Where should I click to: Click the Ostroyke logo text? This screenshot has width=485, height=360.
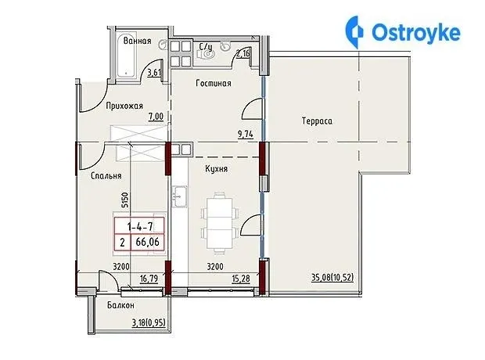point(416,33)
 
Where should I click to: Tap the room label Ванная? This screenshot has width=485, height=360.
point(138,41)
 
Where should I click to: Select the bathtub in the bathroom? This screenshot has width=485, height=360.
point(126,54)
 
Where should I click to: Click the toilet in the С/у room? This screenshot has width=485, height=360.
point(207,55)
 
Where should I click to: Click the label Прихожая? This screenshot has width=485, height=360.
point(124,106)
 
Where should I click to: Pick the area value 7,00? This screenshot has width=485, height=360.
point(156,117)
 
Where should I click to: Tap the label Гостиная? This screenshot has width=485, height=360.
point(214,83)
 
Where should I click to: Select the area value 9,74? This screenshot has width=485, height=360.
point(246,135)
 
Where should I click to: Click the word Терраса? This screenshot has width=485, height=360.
point(317,121)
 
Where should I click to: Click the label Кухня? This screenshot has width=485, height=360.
point(216,169)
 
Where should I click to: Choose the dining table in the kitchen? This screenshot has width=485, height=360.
point(220,223)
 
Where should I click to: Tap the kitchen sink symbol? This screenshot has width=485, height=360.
point(179,196)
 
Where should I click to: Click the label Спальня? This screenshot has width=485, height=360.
point(106,176)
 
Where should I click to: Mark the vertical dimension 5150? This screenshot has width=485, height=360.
point(124,200)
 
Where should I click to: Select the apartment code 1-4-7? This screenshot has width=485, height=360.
point(140,227)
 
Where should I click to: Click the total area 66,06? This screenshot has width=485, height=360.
point(148,242)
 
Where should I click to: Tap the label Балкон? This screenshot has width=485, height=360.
point(120,305)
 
